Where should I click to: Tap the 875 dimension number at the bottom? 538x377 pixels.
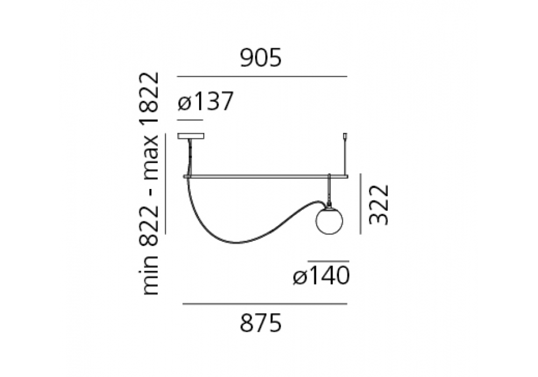point(261,323)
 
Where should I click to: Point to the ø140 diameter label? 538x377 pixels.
point(322,275)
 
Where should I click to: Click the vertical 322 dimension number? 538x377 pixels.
point(379,205)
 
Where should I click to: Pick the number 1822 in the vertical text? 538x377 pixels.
point(149,97)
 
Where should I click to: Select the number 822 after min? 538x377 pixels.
point(149,226)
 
